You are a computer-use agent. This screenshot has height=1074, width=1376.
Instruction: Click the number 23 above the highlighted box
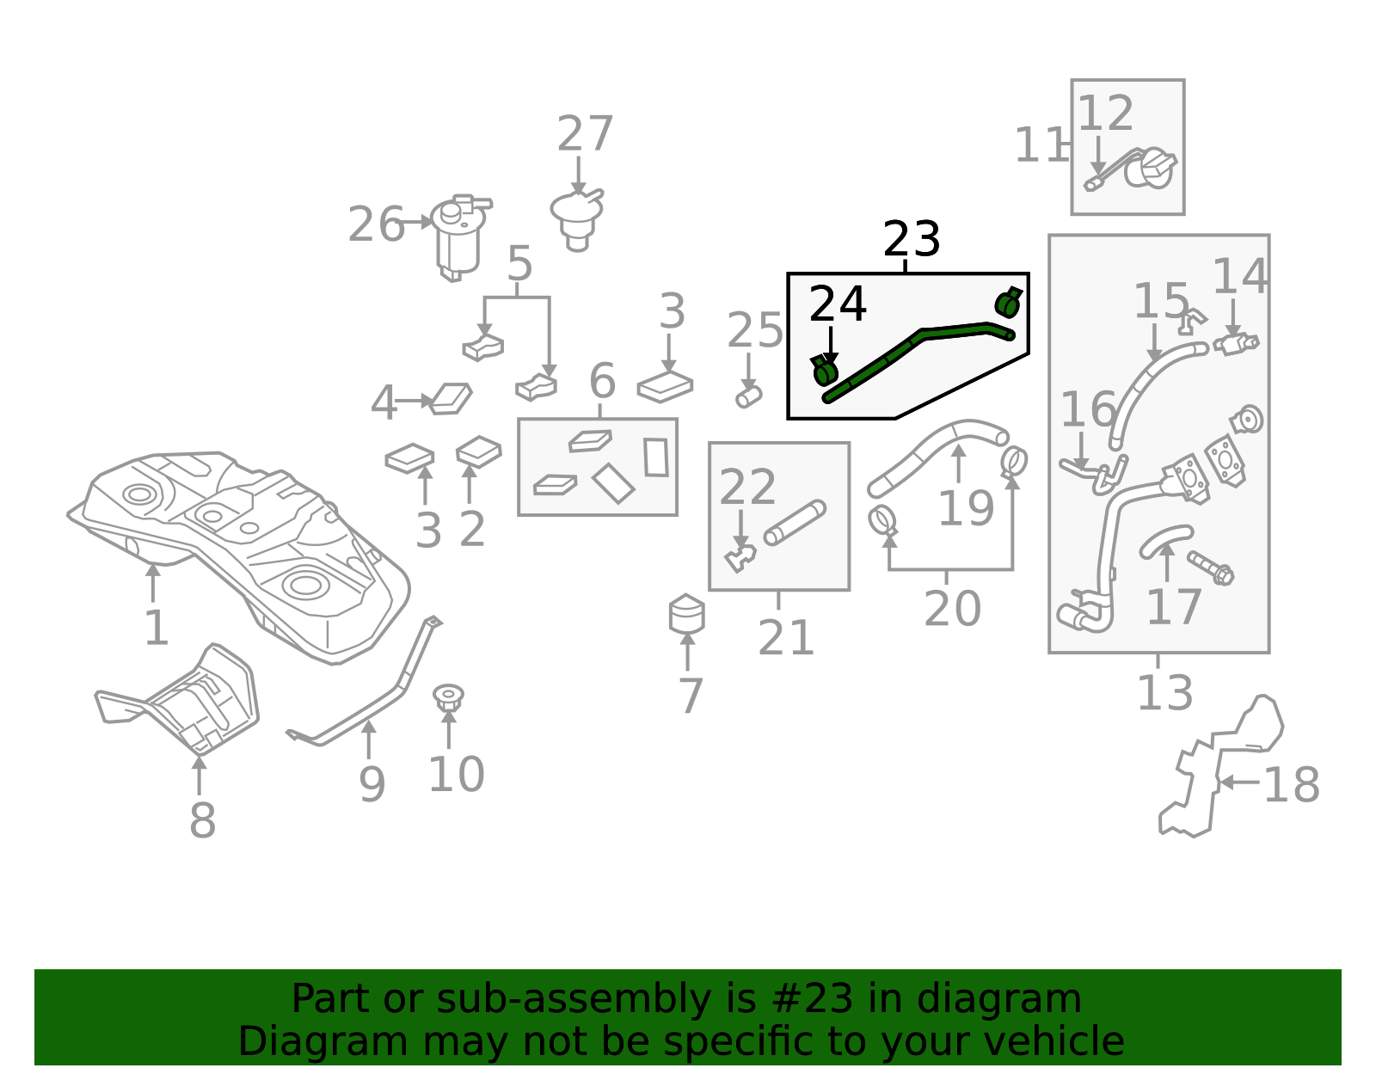912,239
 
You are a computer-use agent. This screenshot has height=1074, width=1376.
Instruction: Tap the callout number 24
838,304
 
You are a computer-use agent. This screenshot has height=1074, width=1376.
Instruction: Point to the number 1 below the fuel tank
157,628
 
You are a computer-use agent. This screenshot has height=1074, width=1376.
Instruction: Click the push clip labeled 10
448,697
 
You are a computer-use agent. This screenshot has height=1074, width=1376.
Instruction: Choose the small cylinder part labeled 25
748,396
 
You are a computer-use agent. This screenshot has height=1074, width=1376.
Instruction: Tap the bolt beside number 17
1210,568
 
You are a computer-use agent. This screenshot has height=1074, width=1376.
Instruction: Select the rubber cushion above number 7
687,614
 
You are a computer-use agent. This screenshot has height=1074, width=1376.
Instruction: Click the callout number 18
1291,785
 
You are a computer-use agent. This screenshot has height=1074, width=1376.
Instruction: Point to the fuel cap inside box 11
1152,168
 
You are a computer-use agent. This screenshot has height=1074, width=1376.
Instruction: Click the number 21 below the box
786,638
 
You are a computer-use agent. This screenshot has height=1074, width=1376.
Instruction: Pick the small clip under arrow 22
740,558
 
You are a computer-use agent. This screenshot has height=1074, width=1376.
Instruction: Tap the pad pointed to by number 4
451,399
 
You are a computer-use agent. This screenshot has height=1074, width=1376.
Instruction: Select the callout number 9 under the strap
372,785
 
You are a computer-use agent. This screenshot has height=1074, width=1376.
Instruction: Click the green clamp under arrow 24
825,371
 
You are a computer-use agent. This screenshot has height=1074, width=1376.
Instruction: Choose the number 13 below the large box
1165,692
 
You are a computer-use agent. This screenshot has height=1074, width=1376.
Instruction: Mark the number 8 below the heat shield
203,820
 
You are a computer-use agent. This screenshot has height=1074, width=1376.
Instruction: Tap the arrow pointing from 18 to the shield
1240,782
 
